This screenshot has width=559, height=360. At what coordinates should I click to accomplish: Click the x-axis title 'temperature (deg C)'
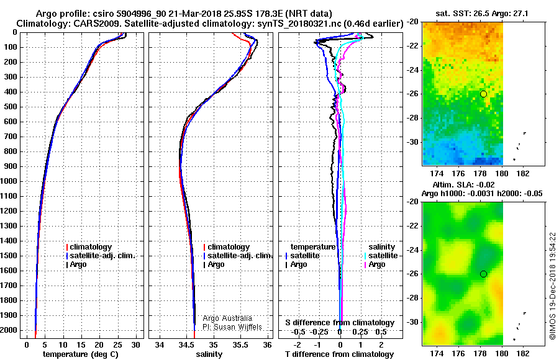point(81,354)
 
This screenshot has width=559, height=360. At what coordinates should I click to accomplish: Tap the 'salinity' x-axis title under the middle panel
point(209,354)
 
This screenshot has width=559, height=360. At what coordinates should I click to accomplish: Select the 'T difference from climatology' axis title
point(339,354)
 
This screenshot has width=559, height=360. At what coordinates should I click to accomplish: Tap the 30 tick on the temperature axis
point(135,345)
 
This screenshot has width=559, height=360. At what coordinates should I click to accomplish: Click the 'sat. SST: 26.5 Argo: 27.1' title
point(482,14)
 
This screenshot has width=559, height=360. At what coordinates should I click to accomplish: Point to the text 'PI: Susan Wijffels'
point(232,327)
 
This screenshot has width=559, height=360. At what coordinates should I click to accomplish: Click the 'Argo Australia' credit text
point(227,318)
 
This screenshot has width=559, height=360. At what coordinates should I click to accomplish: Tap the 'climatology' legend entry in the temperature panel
point(89,247)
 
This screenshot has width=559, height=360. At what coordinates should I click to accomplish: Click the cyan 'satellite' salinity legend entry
point(381,256)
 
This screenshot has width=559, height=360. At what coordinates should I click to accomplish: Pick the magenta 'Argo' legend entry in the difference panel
point(375,264)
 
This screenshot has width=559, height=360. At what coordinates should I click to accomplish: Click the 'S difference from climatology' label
point(340,323)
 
